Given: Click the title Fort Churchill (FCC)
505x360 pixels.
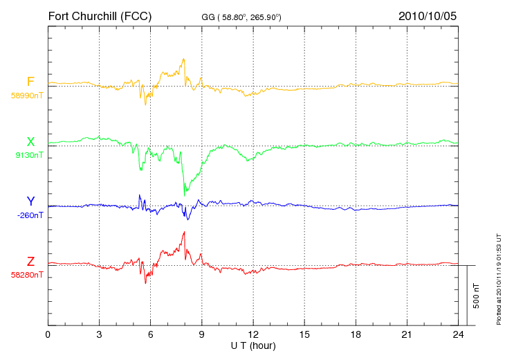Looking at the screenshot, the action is [x=100, y=17].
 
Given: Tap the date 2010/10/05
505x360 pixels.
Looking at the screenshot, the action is [x=428, y=16].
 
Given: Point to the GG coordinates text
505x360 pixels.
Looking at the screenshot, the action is [x=241, y=17].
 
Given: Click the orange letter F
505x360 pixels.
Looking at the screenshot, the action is [x=30, y=82].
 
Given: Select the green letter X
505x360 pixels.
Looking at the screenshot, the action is [x=30, y=142].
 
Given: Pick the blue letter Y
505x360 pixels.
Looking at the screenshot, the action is [x=30, y=201].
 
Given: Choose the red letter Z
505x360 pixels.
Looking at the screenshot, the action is [x=30, y=262].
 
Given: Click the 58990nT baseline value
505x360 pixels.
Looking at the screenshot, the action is [x=27, y=96].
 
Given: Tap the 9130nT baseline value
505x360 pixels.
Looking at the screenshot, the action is [x=29, y=155].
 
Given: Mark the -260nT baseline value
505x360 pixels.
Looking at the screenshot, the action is [x=30, y=215].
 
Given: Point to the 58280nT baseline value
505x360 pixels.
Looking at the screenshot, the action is [x=27, y=275].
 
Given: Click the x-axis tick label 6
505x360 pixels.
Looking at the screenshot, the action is [x=150, y=335].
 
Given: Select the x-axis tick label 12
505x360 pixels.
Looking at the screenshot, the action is [x=253, y=335].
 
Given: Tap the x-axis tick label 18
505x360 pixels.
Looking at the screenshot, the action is [x=356, y=335].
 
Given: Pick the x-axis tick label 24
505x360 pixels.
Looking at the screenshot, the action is [x=458, y=335].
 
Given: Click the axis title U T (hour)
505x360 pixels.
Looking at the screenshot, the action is [x=253, y=346].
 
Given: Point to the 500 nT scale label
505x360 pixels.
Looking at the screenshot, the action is [x=477, y=296].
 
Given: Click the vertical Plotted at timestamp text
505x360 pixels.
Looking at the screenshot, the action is [x=499, y=279].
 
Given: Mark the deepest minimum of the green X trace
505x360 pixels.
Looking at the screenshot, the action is [x=184, y=196].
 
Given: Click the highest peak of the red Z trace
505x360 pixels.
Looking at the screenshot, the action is [x=184, y=232].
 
